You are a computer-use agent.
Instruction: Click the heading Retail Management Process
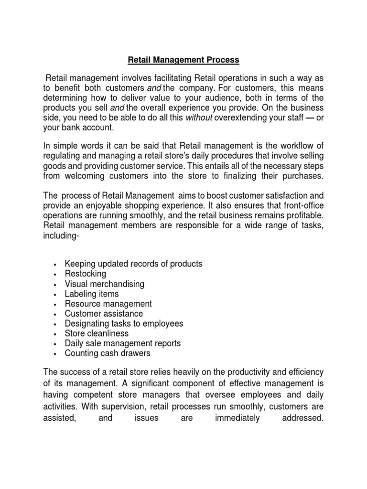183,61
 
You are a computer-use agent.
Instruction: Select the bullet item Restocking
86,274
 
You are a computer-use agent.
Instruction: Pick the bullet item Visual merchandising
105,284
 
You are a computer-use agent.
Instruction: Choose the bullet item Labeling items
92,294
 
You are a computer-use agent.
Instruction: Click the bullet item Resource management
108,304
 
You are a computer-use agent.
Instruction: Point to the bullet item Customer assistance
104,314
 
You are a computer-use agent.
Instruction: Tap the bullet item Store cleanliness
97,333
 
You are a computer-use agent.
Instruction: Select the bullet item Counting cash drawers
108,353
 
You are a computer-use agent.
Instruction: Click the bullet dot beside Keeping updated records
56,264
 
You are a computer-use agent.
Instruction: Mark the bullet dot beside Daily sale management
56,344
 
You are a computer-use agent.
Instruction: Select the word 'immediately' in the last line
237,418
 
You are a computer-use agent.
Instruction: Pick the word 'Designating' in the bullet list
88,324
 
